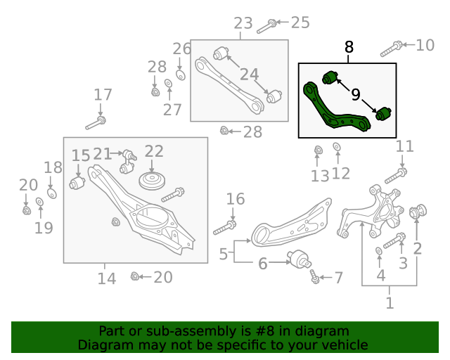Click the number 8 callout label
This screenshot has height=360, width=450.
pos(349,47)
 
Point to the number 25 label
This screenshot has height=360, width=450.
pos(300,22)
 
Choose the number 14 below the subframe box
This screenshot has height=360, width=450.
pos(106,278)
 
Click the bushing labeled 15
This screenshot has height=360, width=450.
pos(77,183)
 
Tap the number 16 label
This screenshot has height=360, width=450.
pos(236,199)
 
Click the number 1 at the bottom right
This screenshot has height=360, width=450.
pos(390,303)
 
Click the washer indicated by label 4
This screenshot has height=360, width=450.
pos(379,251)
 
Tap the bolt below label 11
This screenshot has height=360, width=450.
pos(395,174)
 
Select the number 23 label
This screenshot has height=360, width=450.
pos(243,23)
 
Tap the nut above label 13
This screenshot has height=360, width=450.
pos(318,149)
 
